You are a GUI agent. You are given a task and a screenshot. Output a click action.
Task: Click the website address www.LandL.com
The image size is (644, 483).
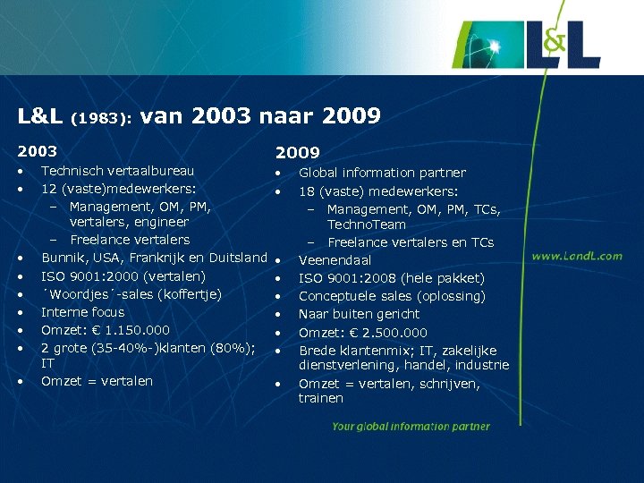pyautogui.click(x=577, y=256)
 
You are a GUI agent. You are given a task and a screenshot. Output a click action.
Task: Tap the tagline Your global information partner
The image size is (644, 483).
pyautogui.click(x=411, y=427)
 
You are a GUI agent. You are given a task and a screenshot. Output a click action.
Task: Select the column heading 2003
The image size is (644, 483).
pyautogui.click(x=37, y=152)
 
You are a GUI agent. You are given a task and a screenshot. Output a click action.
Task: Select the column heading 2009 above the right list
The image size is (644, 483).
pyautogui.click(x=297, y=154)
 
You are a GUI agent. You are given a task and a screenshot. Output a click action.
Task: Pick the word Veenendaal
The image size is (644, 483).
pyautogui.click(x=335, y=260)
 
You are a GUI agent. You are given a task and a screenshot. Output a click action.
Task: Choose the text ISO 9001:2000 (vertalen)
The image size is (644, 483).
pyautogui.click(x=123, y=276)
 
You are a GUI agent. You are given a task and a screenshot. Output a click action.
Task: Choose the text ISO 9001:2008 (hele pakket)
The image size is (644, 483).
pyautogui.click(x=392, y=278)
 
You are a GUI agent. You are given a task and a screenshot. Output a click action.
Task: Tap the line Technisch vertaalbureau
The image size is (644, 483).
pyautogui.click(x=117, y=170)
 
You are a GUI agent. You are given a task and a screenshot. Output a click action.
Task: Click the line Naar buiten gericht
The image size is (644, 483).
pyautogui.click(x=359, y=314)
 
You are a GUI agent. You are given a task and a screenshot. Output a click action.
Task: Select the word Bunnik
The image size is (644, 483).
pyautogui.click(x=62, y=258)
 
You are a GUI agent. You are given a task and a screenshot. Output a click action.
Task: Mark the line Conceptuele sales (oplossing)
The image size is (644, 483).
pyautogui.click(x=392, y=296)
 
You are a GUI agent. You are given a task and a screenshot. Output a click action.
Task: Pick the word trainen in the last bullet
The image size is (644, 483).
pyautogui.click(x=321, y=398)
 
